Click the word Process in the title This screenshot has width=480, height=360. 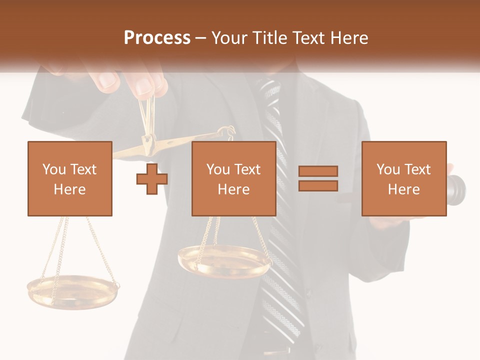(x=157, y=38)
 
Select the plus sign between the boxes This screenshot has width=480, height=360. (x=152, y=178)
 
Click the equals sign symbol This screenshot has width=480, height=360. (x=318, y=178)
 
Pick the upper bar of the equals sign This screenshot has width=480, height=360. (x=318, y=171)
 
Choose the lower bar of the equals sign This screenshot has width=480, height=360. (x=318, y=185)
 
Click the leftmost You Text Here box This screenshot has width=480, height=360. (x=69, y=178)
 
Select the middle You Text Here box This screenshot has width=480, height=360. (x=233, y=178)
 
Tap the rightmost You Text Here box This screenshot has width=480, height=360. (x=403, y=178)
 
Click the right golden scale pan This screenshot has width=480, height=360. (x=224, y=260)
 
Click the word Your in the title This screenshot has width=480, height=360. (x=230, y=38)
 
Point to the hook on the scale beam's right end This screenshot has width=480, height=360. (x=230, y=131)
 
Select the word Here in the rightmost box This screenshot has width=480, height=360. (x=403, y=189)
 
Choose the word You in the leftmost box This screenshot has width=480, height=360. (x=54, y=169)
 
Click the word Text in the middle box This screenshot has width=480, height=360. (x=247, y=169)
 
